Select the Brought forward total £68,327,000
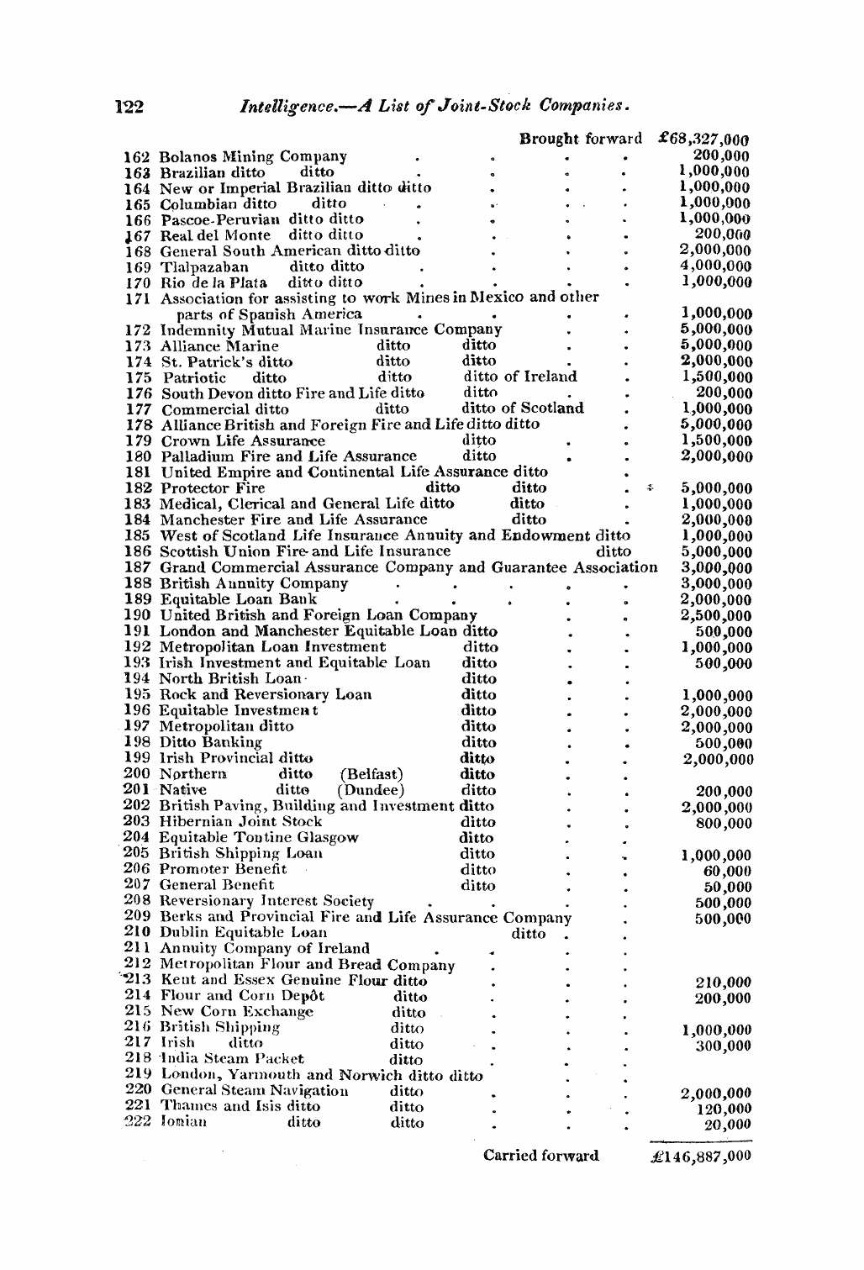pyautogui.click(x=704, y=139)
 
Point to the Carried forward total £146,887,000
pyautogui.click(x=701, y=1156)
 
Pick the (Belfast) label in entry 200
pyautogui.click(x=371, y=774)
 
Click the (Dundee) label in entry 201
pyautogui.click(x=371, y=790)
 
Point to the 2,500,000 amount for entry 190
pyautogui.click(x=716, y=616)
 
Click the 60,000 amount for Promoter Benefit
pyautogui.click(x=727, y=871)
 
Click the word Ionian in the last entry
pyautogui.click(x=183, y=1122)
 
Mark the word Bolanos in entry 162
pyautogui.click(x=188, y=156)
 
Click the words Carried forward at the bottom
pyautogui.click(x=540, y=1156)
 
